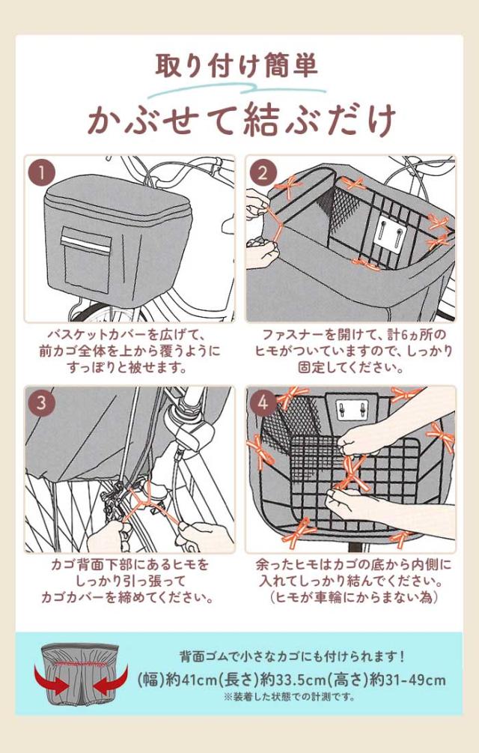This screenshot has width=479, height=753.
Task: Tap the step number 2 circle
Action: pyautogui.click(x=263, y=173)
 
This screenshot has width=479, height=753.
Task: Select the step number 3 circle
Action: pyautogui.click(x=41, y=403)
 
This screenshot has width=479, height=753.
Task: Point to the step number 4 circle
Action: pyautogui.click(x=263, y=403)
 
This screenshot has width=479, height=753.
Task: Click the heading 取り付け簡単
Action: pyautogui.click(x=237, y=67)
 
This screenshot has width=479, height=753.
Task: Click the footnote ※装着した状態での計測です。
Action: pyautogui.click(x=290, y=697)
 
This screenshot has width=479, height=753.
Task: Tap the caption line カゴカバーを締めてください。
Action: pyautogui.click(x=127, y=597)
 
